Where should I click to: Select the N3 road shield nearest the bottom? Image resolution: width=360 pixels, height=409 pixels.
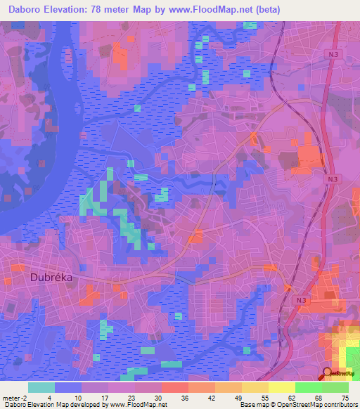coord(302,300)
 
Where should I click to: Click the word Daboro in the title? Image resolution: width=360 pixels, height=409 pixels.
coord(27,9)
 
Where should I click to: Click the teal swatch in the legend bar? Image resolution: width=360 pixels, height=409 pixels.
coord(41,387)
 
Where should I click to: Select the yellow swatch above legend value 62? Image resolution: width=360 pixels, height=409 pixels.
coord(281,387)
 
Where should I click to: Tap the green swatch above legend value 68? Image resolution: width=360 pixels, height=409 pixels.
coord(308,387)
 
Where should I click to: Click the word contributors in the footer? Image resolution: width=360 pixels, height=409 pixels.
coord(342,405)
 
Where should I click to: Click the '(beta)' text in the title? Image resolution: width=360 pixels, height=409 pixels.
coord(302,9)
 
